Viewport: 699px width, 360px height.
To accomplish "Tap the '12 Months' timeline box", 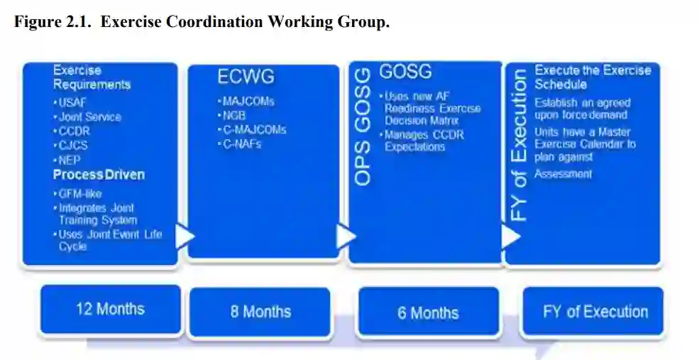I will [110, 309].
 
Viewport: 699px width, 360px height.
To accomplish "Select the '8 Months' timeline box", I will [260, 312].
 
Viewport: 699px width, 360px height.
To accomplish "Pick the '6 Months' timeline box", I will [428, 312].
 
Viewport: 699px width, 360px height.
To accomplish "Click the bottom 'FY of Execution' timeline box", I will [595, 311].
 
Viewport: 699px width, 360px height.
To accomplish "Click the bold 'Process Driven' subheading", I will [99, 175].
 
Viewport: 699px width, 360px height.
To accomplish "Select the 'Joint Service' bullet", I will [89, 116].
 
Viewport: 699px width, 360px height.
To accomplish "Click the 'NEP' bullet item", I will [71, 160].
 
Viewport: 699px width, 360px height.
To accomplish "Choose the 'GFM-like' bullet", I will [80, 193].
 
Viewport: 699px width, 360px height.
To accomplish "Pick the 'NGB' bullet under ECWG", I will [233, 115].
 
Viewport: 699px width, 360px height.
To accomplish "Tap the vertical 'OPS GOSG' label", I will [363, 128].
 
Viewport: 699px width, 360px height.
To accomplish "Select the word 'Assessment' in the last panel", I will [563, 174].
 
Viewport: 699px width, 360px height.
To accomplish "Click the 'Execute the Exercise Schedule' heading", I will [593, 77].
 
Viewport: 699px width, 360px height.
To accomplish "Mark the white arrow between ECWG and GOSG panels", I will [346, 236].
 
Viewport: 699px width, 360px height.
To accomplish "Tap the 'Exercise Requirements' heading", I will [92, 77].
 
